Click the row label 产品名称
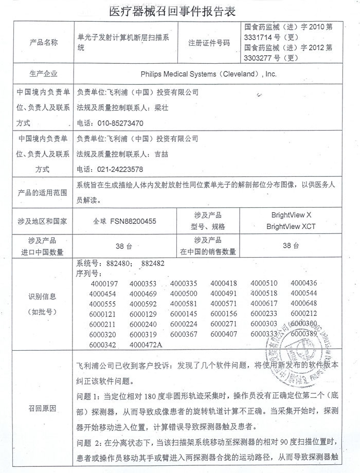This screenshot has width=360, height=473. pos(44,42)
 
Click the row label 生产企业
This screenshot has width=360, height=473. pos(44,74)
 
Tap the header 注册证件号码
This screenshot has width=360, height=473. pos(209,43)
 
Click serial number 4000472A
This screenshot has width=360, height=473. pos(146,344)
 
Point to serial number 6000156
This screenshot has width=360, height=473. pos(224,314)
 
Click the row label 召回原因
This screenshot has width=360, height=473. pos(44,408)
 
